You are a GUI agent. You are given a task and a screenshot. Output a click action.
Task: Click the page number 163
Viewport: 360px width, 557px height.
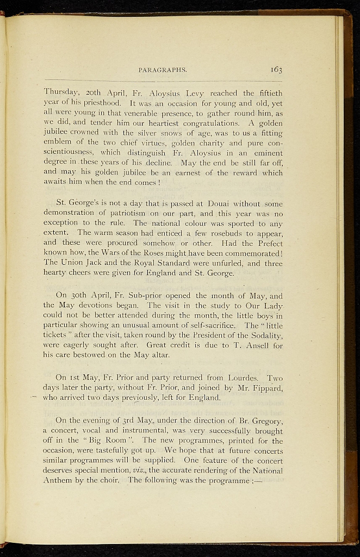point(275,69)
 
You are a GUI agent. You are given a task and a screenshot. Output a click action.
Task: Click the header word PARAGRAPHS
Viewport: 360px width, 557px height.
point(163,70)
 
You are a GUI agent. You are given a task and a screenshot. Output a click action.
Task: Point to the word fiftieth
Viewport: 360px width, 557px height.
point(266,92)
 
